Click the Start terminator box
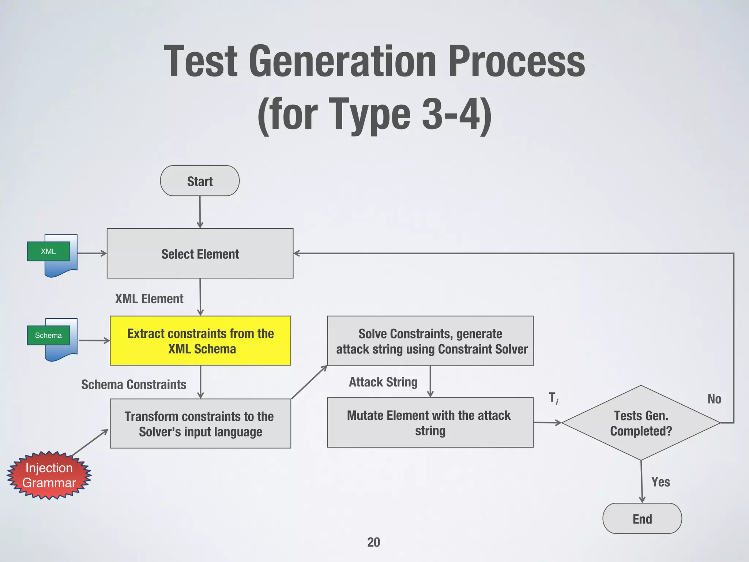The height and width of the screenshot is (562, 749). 200,181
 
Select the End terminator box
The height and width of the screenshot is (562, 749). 642,518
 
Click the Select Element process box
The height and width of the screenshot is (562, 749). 200,254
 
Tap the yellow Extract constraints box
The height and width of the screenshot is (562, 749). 200,341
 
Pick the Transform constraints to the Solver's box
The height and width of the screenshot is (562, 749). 200,424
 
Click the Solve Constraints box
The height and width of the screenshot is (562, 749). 430,341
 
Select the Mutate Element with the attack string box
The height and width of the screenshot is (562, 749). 430,423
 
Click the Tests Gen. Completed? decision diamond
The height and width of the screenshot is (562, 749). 641,423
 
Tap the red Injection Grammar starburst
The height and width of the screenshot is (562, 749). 49,475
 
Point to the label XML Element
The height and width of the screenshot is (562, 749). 149,299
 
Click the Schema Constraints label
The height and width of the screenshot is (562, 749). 133,385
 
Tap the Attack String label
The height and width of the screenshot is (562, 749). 383,382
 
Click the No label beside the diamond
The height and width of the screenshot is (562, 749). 714,399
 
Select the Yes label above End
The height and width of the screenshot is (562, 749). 660,482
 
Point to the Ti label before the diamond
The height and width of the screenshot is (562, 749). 553,398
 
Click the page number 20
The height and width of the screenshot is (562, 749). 373,542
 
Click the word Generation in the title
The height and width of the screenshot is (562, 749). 342,61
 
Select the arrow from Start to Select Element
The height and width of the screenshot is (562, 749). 200,212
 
